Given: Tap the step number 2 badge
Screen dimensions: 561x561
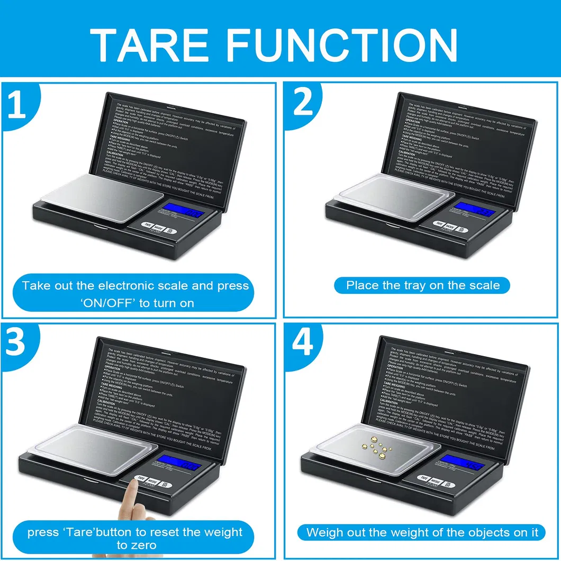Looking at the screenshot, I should tap(303, 104).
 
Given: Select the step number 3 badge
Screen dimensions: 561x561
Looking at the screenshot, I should tap(16, 342).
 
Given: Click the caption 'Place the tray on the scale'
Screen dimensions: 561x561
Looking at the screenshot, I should tap(422, 285).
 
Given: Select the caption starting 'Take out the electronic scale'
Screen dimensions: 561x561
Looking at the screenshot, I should tap(135, 294).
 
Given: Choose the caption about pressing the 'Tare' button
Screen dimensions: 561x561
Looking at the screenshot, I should tap(135, 537).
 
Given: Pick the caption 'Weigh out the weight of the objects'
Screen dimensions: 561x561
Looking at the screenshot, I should tap(422, 532).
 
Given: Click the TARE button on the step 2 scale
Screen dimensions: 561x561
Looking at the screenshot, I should tap(439, 223).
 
